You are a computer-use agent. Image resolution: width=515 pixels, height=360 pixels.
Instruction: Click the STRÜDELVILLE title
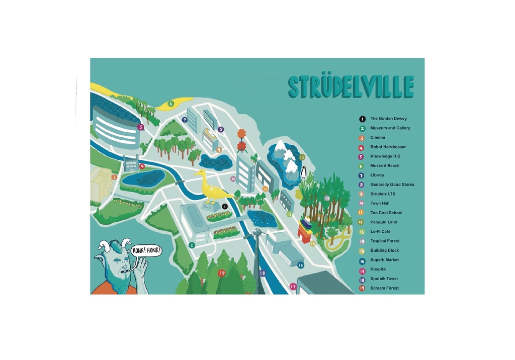pos(351,87)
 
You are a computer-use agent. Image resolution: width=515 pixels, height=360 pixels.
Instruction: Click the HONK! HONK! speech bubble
pos(146,250)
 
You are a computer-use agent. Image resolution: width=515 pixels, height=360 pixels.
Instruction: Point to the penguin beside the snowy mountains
pos(303,172)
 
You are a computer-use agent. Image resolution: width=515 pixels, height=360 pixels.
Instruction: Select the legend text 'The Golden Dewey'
pos(388,119)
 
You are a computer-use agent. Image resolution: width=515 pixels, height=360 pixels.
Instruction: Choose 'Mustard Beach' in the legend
pos(385,166)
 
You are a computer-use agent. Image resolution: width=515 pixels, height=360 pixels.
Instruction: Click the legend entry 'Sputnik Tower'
pos(384,279)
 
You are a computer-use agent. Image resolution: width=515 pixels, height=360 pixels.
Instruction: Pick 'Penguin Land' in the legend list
pos(384,222)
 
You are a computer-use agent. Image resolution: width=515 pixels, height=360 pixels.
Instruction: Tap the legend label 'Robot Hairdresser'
pos(388,147)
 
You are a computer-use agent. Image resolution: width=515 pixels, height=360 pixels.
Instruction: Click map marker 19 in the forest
pos(222,273)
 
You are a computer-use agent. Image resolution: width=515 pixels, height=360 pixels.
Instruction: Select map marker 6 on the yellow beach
pos(170,104)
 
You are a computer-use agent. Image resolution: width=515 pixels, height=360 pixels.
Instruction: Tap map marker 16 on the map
pos(301,265)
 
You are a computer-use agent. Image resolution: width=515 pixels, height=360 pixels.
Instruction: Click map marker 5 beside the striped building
pos(141,127)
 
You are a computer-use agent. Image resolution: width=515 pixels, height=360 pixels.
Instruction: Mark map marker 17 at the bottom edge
pos(293,287)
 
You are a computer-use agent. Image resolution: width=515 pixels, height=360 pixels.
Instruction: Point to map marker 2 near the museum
pos(192,245)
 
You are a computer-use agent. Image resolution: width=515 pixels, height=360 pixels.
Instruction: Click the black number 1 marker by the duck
pos(225,206)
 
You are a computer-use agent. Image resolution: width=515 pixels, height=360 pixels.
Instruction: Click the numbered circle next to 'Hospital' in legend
pos(361,269)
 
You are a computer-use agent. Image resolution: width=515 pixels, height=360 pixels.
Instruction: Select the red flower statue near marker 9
pos(242,140)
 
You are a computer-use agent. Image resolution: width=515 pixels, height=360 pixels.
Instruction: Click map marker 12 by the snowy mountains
pos(302,157)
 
